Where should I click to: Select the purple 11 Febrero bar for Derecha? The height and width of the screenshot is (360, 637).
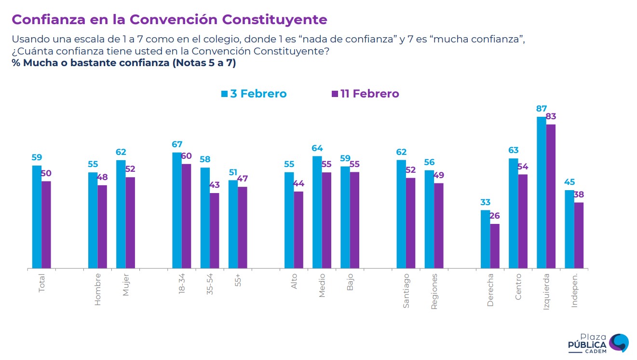pyautogui.click(x=495, y=246)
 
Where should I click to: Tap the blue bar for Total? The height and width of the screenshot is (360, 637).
pyautogui.click(x=37, y=217)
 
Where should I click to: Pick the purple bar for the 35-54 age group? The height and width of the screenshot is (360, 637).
pyautogui.click(x=214, y=231)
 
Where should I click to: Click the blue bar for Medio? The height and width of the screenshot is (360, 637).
pyautogui.click(x=317, y=212)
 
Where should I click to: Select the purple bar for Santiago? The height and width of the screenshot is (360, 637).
pyautogui.click(x=410, y=223)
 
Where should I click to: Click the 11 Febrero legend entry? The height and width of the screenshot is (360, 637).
pyautogui.click(x=365, y=94)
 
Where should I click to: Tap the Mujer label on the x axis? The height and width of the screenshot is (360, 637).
pyautogui.click(x=126, y=284)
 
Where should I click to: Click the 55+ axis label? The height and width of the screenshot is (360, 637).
pyautogui.click(x=238, y=281)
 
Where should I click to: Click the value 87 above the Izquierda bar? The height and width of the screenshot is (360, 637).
pyautogui.click(x=542, y=109)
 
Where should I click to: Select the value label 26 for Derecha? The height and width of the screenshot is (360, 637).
pyautogui.click(x=495, y=216)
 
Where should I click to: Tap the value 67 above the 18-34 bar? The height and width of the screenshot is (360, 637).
pyautogui.click(x=177, y=145)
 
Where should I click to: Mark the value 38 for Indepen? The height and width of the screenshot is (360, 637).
pyautogui.click(x=579, y=194)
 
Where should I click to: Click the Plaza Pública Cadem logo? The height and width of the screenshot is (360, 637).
pyautogui.click(x=598, y=343)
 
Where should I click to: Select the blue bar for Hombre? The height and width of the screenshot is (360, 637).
pyautogui.click(x=93, y=220)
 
